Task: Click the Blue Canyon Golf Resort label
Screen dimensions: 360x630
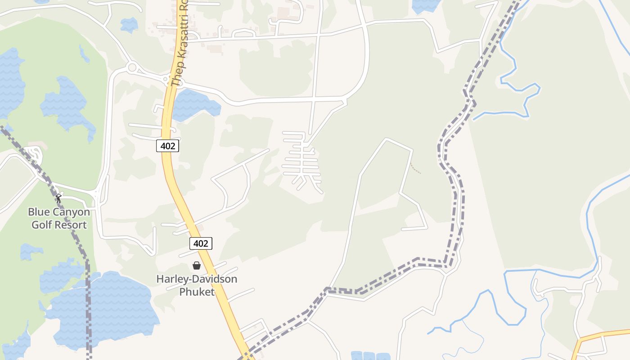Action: [x=59, y=218]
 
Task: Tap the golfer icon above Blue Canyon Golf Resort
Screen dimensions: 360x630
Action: [x=58, y=198]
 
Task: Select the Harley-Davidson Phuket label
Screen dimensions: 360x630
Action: [x=197, y=285]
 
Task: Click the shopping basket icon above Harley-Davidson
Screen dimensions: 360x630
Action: [x=197, y=265]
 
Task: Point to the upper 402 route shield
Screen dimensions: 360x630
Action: [x=168, y=145]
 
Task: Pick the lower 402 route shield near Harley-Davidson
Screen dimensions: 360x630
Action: [x=200, y=243]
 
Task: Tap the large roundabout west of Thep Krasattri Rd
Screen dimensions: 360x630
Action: [x=132, y=68]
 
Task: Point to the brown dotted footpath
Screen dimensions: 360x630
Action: [x=416, y=169]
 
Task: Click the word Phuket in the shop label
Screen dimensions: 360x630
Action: [x=197, y=292]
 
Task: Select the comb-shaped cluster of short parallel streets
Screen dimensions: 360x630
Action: [x=301, y=160]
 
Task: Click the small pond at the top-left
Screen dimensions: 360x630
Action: [x=129, y=25]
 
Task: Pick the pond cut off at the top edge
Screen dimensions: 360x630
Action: [x=425, y=5]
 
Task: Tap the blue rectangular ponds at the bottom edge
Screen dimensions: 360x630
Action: [x=370, y=356]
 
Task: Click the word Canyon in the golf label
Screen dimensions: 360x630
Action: [x=72, y=212]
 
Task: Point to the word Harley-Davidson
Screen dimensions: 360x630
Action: [x=197, y=279]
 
